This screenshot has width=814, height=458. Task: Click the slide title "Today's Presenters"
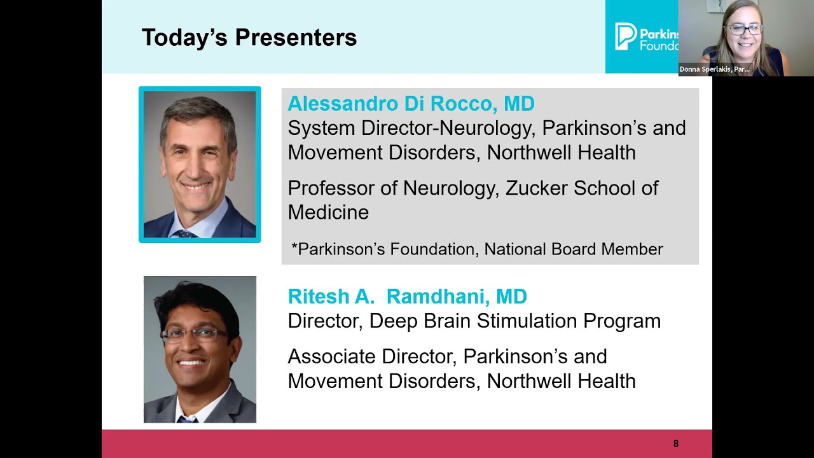pos(249,38)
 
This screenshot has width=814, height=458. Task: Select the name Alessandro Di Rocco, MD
pos(411,104)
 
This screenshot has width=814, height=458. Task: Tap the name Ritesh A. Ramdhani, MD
pos(407,296)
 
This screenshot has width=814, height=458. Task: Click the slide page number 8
pos(676,443)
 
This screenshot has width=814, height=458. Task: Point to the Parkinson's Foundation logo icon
pos(626,36)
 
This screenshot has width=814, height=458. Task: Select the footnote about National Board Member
pos(477,249)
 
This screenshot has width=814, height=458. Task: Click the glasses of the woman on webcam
pos(745,30)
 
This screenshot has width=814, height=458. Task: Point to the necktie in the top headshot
pos(184,233)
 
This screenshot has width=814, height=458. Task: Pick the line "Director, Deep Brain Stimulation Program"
pos(474,321)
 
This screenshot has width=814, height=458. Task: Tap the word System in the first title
pos(322,128)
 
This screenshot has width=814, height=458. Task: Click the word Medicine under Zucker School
pos(328,212)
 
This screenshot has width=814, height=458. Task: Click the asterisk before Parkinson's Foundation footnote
pos(294,247)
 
